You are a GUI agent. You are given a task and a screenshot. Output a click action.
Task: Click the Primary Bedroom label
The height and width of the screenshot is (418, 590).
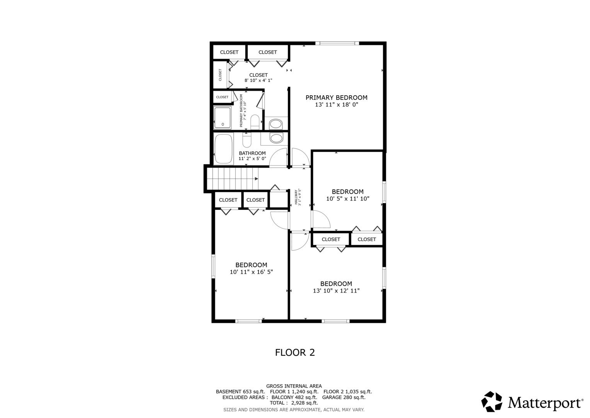coord(337,98)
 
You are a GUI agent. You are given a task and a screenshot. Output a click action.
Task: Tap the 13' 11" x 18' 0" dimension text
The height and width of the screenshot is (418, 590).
coord(337,104)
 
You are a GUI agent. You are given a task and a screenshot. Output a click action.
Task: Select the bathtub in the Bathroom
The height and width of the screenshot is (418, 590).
coord(223,149)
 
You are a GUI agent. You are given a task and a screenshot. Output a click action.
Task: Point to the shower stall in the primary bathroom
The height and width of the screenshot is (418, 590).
coord(222,117)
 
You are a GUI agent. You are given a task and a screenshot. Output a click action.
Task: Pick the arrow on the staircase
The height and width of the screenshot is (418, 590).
coord(256,179)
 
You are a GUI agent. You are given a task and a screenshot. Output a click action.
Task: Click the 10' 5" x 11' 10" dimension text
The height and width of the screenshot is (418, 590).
coord(348,199)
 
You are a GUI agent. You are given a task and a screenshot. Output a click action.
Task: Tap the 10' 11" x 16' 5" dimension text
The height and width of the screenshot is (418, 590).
coord(251,272)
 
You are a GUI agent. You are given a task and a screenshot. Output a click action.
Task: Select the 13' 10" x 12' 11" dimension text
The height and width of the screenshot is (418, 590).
coord(336,291)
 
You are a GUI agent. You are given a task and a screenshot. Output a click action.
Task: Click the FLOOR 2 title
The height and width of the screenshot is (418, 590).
coord(295,352)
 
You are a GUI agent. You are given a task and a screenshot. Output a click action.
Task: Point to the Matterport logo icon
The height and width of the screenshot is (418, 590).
coord(491,401)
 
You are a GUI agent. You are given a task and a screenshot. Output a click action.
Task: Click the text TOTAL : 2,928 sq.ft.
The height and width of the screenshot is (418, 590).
coord(294,403)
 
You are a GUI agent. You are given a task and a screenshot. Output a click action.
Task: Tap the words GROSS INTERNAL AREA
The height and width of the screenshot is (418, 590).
coord(294,386)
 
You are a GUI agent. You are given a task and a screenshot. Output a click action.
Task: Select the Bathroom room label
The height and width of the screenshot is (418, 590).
coord(252,153)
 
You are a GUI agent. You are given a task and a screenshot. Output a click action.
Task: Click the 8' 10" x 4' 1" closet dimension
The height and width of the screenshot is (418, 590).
coord(258,80)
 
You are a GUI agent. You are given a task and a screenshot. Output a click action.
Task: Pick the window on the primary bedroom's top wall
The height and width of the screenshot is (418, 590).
coord(337,43)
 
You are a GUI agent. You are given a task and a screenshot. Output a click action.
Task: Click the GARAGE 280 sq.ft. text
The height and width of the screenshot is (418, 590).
coord(344,397)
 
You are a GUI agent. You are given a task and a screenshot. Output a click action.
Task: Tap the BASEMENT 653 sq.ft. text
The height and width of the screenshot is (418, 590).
coord(240,392)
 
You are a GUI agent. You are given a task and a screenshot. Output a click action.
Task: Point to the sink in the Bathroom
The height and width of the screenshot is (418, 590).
coord(276,138)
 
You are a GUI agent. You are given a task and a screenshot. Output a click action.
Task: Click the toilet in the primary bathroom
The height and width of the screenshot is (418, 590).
coord(255,122)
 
